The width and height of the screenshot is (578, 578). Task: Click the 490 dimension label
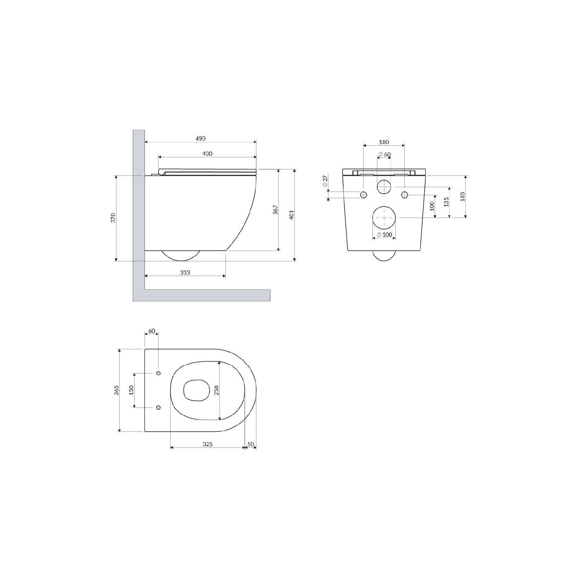click(200, 139)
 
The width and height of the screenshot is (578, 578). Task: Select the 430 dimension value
click(207, 154)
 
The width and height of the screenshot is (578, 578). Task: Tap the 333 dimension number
click(185, 272)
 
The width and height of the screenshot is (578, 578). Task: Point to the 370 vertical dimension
click(113, 218)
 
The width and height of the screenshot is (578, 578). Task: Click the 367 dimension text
click(276, 210)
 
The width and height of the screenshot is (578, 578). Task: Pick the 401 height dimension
click(291, 215)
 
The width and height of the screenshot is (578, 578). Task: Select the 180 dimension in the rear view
click(384, 142)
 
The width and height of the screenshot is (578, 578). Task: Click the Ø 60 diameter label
click(384, 154)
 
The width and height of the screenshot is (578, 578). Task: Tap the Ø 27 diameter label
click(325, 181)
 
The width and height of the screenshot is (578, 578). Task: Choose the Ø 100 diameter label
click(384, 235)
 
